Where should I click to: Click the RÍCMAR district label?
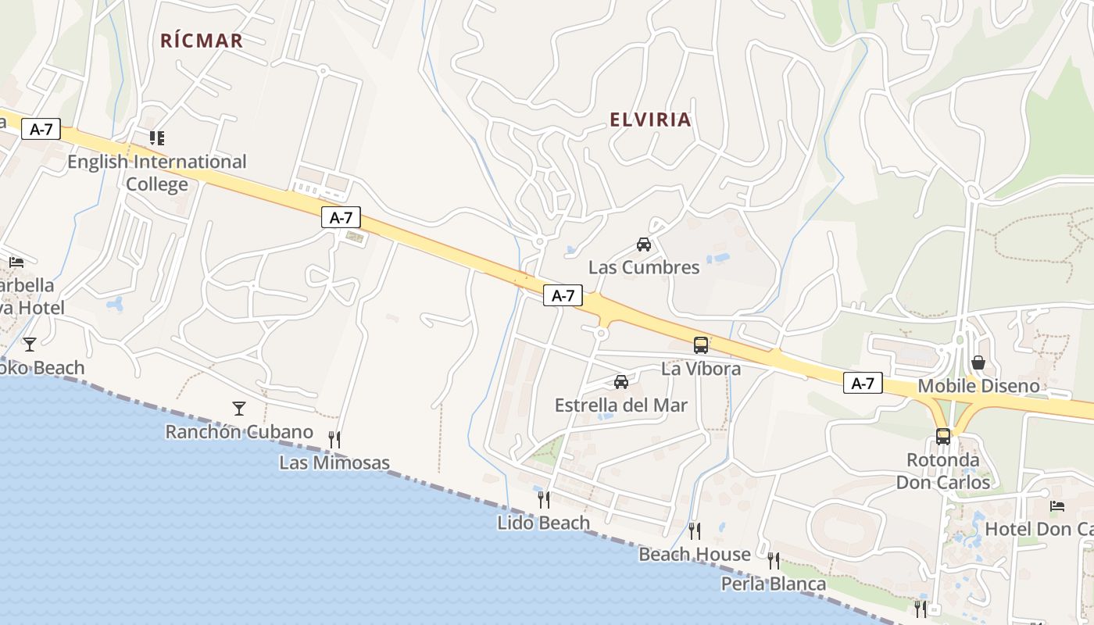click(202, 41)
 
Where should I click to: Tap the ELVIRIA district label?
click(650, 120)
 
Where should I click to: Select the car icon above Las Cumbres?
click(644, 245)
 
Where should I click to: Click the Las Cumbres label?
click(644, 267)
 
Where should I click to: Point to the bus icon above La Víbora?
click(701, 345)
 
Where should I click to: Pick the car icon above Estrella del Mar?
click(621, 382)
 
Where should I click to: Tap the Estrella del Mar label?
click(621, 405)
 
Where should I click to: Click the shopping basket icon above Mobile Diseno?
click(978, 362)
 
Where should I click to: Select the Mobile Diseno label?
click(978, 386)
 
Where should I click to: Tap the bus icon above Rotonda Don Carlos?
click(943, 437)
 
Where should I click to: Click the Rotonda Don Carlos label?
click(943, 471)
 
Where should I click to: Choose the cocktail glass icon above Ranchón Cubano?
click(239, 408)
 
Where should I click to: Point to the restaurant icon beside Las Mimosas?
click(334, 439)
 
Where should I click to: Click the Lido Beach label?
click(543, 523)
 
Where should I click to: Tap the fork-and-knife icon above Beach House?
click(694, 531)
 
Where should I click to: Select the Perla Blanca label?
click(773, 584)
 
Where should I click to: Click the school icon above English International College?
click(157, 138)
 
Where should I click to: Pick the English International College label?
click(157, 173)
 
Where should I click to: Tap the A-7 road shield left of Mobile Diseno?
click(863, 383)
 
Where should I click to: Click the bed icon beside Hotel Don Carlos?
click(1057, 506)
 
